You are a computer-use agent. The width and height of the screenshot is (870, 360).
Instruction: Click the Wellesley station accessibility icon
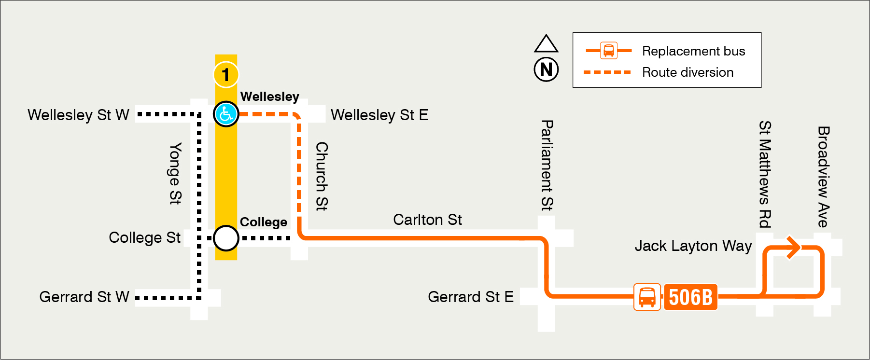point(226,114)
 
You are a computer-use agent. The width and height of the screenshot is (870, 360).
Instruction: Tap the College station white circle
point(226,238)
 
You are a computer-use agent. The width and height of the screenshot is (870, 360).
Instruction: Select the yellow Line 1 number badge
point(225,75)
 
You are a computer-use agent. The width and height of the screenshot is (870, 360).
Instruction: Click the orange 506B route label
point(690,297)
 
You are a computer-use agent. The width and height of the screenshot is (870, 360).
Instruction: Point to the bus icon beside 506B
point(647,297)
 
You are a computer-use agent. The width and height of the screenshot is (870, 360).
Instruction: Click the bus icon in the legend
point(609,50)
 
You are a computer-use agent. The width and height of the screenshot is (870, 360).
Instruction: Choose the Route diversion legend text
point(688,72)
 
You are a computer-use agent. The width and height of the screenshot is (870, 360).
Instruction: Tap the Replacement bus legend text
point(693,51)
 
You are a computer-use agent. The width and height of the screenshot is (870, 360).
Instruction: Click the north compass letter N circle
point(546,69)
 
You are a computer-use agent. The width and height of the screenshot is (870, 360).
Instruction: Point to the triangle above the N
point(546,44)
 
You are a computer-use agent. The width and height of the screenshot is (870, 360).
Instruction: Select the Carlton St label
point(427,220)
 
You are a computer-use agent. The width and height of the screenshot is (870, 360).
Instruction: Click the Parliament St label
point(547,166)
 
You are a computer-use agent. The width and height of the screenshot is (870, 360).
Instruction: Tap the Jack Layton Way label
point(693,246)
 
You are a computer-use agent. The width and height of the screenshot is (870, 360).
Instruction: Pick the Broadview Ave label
point(823,177)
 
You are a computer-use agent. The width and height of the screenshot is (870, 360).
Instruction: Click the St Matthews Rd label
point(765,174)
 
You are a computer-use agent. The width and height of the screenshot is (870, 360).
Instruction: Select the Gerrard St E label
point(470,297)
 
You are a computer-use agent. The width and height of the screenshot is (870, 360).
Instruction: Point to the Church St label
point(322,176)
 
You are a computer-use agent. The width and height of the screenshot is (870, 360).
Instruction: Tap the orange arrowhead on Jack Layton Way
point(793,248)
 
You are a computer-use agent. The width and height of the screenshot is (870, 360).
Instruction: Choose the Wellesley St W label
point(78,115)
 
